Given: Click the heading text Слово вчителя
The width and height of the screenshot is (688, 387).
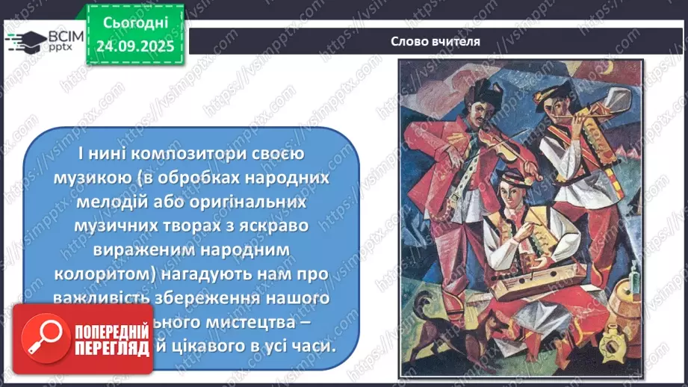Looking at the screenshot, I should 435,42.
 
